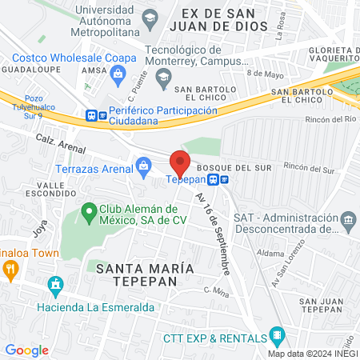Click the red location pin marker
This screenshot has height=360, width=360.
coord(180,162)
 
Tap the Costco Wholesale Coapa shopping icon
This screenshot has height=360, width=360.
coord(118,75)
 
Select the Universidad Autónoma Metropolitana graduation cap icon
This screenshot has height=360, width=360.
coord(150,17)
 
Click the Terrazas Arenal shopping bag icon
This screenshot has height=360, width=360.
coord(144,169)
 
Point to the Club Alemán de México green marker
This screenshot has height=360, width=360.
coord(88,213)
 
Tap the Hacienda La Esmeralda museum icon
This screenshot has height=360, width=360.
coord(55,284)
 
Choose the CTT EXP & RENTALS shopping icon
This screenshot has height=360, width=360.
coord(276,334)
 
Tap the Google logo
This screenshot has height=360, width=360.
coord(27,350)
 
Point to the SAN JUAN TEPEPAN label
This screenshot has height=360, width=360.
coord(320,305)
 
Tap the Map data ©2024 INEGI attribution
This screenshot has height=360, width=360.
coord(312,353)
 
